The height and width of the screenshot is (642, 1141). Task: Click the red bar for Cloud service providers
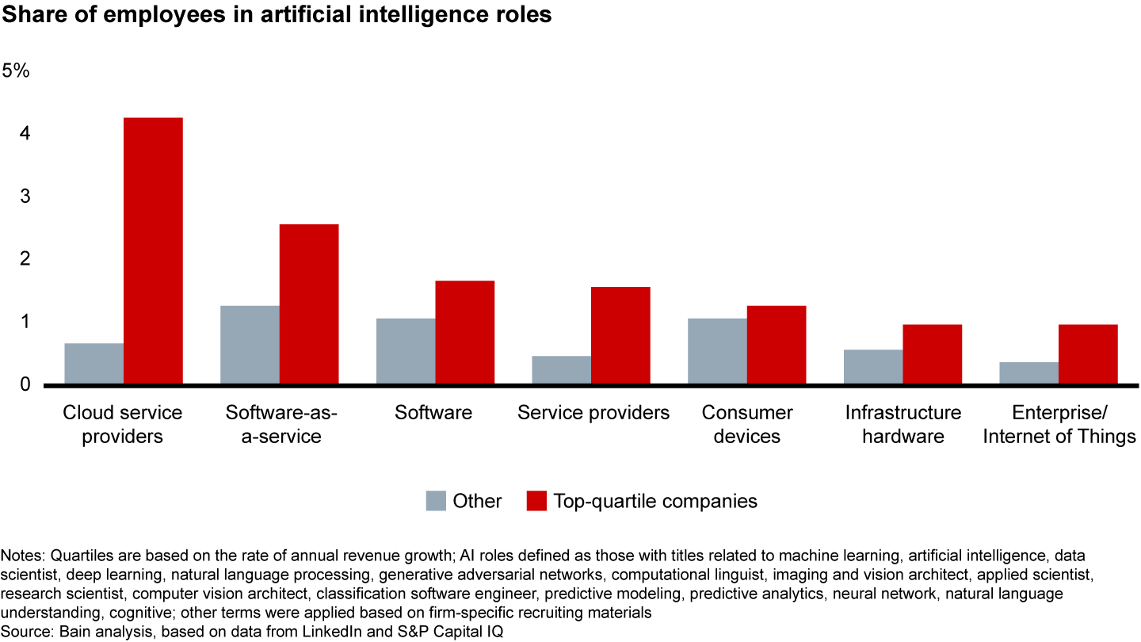pyautogui.click(x=153, y=250)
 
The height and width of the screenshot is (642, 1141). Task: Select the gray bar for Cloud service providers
pyautogui.click(x=94, y=364)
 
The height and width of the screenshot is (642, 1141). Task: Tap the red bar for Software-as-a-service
pyautogui.click(x=309, y=304)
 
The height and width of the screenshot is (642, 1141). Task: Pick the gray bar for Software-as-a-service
pyautogui.click(x=250, y=345)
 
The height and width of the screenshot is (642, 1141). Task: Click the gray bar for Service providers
pyautogui.click(x=561, y=370)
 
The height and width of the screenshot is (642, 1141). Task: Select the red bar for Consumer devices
pyautogui.click(x=777, y=345)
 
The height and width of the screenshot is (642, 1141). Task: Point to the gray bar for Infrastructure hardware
pyautogui.click(x=873, y=367)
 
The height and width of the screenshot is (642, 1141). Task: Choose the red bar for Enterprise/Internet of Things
pyautogui.click(x=1088, y=354)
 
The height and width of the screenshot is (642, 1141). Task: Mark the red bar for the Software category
pyautogui.click(x=465, y=332)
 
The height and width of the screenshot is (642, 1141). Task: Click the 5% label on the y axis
pyautogui.click(x=16, y=71)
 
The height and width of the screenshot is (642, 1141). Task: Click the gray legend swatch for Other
pyautogui.click(x=436, y=501)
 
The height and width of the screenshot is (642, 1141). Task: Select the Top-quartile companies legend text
pyautogui.click(x=655, y=501)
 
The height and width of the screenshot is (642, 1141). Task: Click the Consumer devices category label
pyautogui.click(x=746, y=424)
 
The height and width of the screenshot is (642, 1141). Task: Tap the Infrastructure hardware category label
pyautogui.click(x=902, y=424)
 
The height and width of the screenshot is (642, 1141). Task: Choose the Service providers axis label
pyautogui.click(x=593, y=413)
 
